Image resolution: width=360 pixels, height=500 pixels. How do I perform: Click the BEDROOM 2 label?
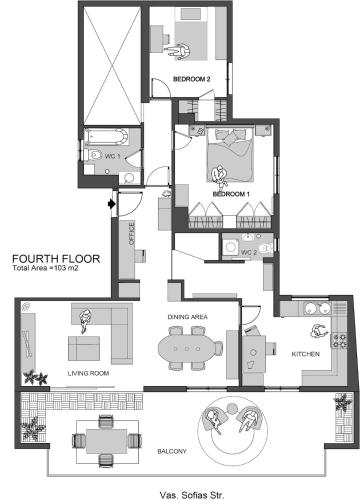click(191, 79)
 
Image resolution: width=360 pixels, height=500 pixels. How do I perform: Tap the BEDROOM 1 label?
click(231, 194)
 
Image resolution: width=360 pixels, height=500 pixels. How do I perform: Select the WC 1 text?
click(112, 156)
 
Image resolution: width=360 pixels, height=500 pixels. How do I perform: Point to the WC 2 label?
click(249, 252)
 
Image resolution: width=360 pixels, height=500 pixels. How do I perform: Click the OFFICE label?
click(132, 234)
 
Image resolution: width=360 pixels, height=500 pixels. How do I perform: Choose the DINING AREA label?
click(187, 317)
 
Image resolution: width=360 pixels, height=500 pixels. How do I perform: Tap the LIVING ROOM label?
click(88, 373)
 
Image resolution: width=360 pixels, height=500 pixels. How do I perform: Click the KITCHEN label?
click(306, 354)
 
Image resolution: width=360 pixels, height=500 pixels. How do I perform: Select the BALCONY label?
click(172, 451)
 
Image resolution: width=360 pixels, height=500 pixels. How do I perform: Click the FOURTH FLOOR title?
click(56, 259)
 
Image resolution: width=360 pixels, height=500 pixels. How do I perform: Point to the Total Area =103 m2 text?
click(45, 268)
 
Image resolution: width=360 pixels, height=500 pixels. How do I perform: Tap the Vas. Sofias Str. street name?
click(192, 495)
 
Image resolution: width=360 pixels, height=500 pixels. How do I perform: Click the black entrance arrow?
click(112, 203)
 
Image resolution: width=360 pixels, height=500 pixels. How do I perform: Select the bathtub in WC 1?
click(106, 137)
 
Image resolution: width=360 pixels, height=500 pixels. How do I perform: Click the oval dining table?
click(187, 349)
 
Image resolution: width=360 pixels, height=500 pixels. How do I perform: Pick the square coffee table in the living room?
click(84, 348)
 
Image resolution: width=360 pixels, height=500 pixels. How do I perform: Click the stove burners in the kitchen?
click(339, 341)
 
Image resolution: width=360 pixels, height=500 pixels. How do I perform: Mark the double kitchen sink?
click(317, 309)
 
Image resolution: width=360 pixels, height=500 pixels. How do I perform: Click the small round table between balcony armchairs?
click(232, 408)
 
